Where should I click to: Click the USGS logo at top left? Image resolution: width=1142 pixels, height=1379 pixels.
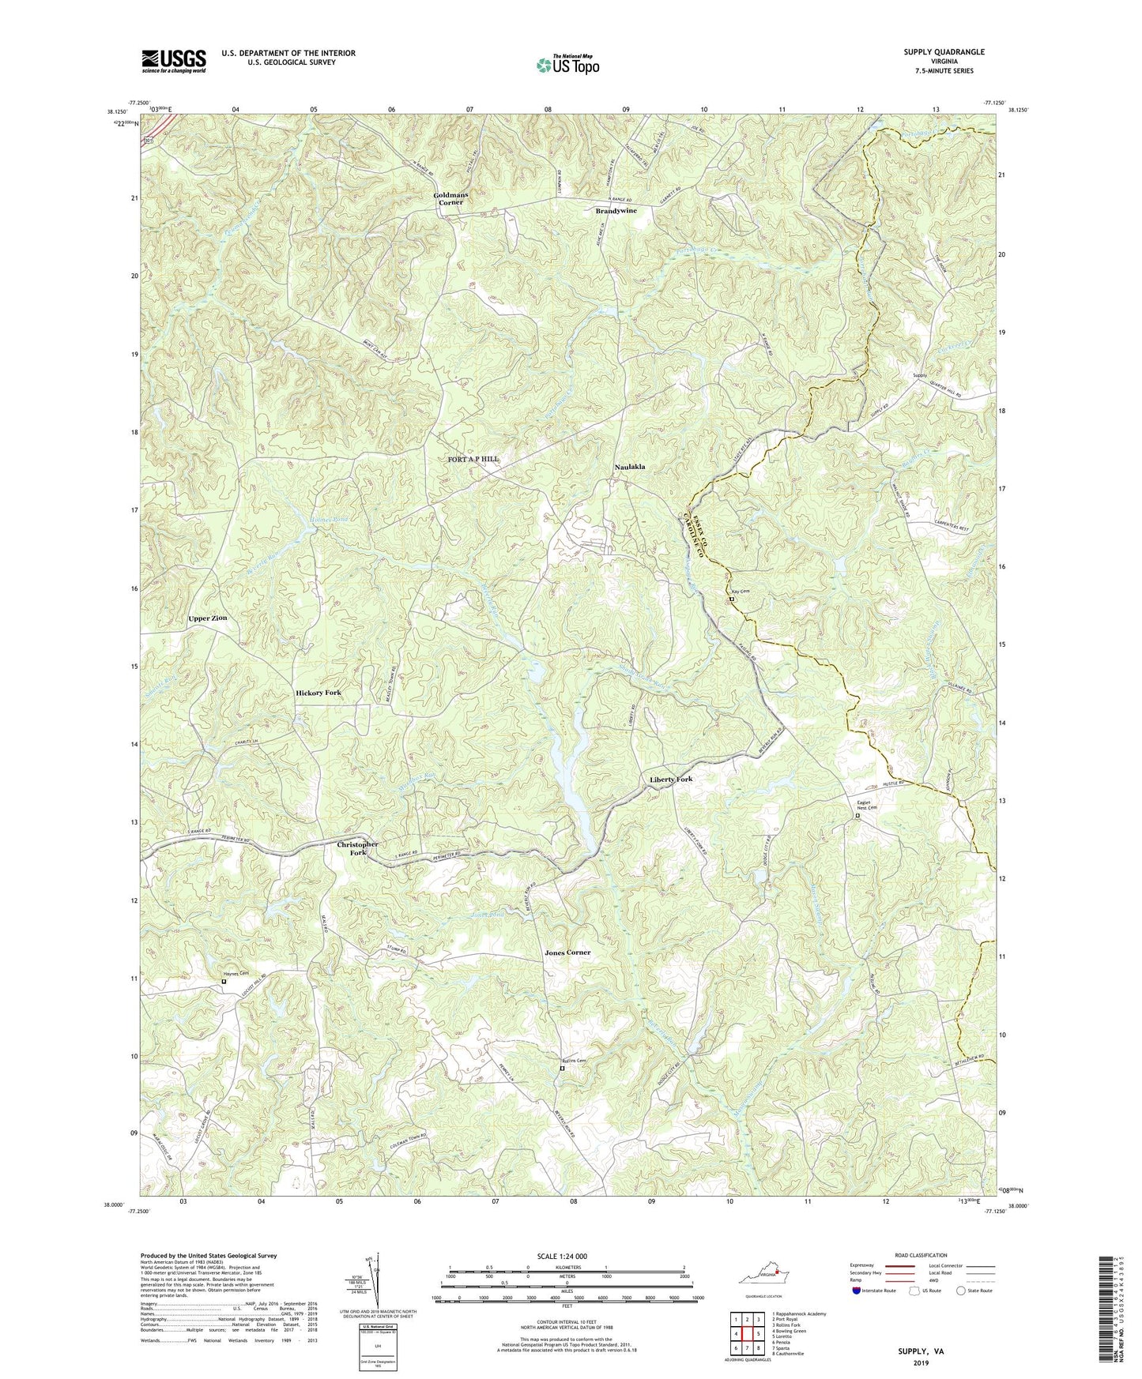click(x=174, y=60)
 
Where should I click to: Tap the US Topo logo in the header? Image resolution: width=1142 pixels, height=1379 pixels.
click(x=566, y=65)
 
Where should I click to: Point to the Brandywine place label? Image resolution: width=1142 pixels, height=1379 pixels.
click(x=616, y=211)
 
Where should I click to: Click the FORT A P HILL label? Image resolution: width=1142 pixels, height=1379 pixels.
click(x=473, y=459)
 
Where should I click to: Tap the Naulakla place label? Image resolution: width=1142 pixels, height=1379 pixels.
click(x=630, y=467)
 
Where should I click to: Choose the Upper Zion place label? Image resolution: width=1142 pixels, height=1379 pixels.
click(x=208, y=618)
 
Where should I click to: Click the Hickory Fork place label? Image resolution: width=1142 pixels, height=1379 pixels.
click(x=318, y=693)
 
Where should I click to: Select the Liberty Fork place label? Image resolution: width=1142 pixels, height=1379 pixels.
click(x=671, y=779)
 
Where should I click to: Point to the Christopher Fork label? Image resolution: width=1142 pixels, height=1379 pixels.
click(x=358, y=848)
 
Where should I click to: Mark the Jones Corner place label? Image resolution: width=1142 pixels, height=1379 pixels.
click(x=567, y=953)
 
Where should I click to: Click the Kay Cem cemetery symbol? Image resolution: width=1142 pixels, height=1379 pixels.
click(x=731, y=599)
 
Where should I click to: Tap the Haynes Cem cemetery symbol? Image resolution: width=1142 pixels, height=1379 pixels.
click(x=224, y=982)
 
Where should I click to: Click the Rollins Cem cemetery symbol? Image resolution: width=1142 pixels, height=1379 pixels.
click(x=562, y=1069)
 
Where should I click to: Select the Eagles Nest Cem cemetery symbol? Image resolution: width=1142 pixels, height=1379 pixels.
click(x=858, y=817)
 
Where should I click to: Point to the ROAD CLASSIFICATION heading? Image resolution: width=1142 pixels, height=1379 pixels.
click(x=921, y=1255)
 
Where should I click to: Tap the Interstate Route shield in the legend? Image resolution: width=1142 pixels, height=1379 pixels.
click(x=857, y=1291)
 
